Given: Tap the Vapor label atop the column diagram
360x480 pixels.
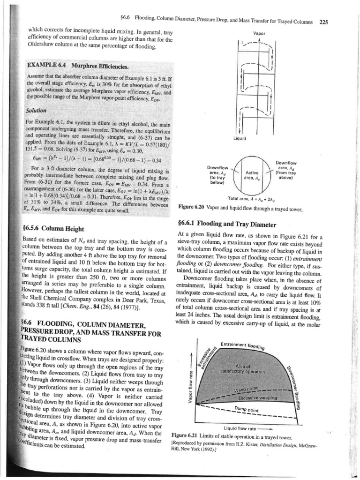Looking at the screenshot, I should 259,34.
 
